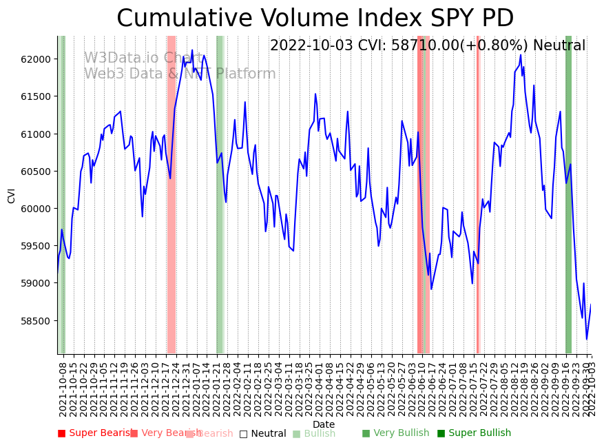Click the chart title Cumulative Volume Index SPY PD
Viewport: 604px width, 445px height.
[x=315, y=19]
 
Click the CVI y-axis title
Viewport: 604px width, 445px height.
[x=12, y=195]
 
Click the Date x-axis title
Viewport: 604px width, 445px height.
[x=324, y=425]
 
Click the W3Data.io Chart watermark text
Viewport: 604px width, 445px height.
[x=143, y=58]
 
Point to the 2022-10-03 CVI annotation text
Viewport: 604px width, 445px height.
[x=427, y=45]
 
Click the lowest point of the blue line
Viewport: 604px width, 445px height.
[x=587, y=339]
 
